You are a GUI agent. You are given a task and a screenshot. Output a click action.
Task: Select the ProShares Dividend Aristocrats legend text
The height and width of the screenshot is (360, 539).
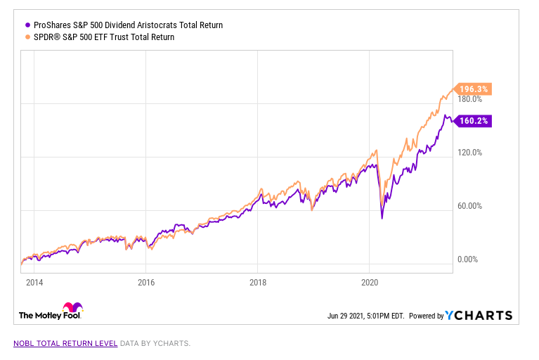[x=128, y=25]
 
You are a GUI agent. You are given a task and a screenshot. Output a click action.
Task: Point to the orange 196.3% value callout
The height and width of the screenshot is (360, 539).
[x=473, y=89]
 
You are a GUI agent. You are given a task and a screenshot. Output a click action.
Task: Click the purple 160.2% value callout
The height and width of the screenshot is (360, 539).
[x=473, y=121]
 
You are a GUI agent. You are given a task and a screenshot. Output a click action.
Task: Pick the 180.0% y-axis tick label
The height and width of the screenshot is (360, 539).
[x=470, y=100]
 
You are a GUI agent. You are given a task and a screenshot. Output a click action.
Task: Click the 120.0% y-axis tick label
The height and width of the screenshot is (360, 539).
[x=470, y=153]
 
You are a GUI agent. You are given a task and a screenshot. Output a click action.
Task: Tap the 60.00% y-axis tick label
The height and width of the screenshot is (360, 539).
[x=470, y=206]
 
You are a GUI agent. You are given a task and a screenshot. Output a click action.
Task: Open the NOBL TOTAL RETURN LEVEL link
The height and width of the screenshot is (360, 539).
[x=64, y=344]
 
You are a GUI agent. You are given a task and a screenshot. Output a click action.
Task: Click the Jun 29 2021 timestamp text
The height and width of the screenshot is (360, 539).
[x=365, y=316]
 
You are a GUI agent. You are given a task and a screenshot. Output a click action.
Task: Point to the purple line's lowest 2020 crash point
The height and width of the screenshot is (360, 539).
[x=382, y=218]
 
